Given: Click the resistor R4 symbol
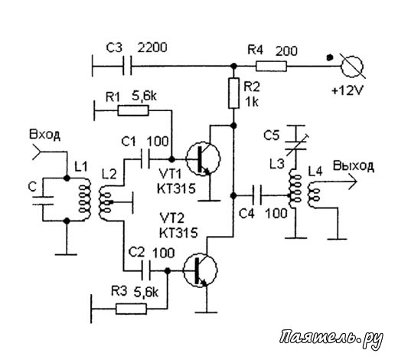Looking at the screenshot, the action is (x=271, y=67).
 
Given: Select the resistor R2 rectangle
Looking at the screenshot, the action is (x=233, y=93).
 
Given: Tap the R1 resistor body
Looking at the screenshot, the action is (x=133, y=110).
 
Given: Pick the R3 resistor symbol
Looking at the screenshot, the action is (x=132, y=309).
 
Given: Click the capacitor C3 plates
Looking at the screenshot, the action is (x=127, y=66).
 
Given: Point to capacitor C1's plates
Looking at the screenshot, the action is (x=145, y=159).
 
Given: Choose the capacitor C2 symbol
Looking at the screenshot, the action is (x=146, y=270).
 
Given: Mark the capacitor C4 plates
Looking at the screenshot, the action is (x=257, y=195).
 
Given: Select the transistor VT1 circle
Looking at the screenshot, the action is (x=203, y=159).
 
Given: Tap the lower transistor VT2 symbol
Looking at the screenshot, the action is (x=200, y=270).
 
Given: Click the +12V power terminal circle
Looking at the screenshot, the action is (x=352, y=66).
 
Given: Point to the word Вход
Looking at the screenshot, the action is (x=45, y=135).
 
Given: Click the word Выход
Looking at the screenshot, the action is (x=354, y=166).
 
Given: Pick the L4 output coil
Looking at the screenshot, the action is (x=313, y=195).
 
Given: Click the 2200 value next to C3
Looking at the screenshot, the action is (x=152, y=47).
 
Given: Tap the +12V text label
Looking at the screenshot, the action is (x=347, y=90).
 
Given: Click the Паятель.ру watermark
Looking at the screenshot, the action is (x=331, y=338).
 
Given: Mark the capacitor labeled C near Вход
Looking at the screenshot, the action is (x=43, y=201).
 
